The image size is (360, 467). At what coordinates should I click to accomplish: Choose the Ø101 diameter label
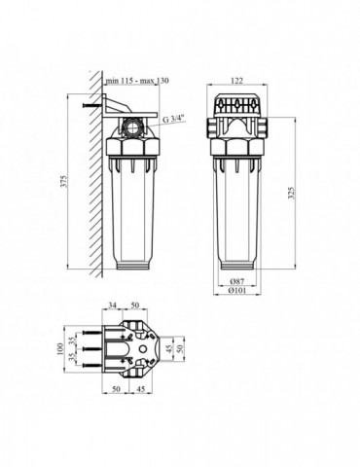236,288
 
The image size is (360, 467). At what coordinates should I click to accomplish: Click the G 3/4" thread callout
176,119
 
